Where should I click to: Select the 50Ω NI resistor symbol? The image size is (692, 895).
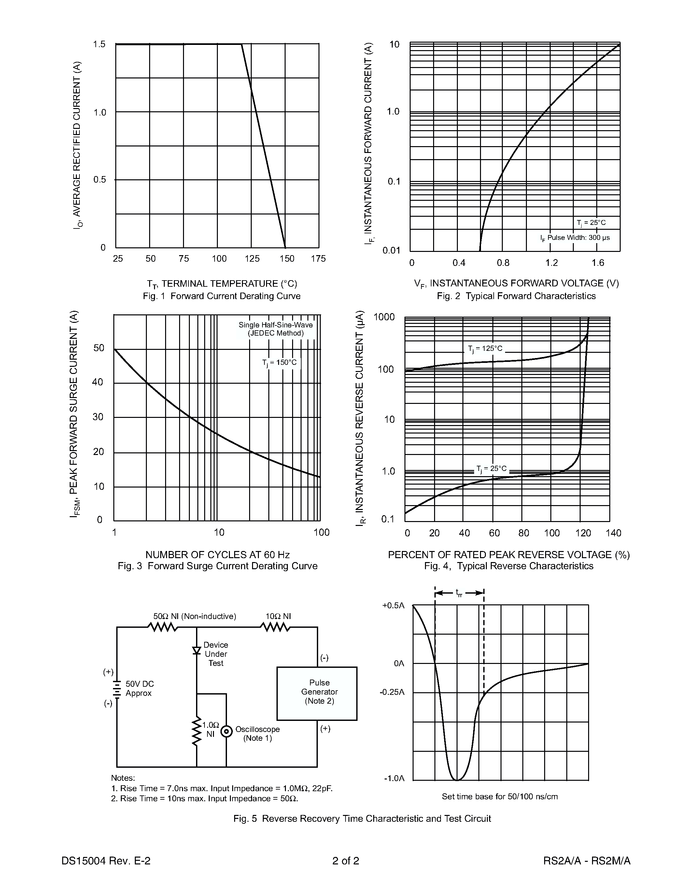(163, 627)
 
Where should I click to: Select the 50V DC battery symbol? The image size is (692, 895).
(117, 689)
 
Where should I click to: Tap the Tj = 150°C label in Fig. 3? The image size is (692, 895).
(279, 363)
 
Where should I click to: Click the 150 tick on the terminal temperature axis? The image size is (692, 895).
(287, 259)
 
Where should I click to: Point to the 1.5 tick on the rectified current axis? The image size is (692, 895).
(99, 44)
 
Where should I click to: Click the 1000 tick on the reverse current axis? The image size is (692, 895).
(384, 317)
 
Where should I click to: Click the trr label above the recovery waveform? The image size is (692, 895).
(459, 593)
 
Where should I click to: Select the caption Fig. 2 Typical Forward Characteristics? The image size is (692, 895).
(516, 296)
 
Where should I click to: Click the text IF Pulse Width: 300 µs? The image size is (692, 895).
(574, 238)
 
